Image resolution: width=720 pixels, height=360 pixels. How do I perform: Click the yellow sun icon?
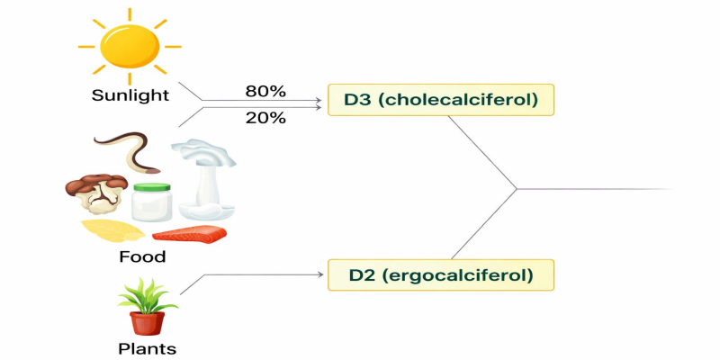pyautogui.click(x=130, y=47)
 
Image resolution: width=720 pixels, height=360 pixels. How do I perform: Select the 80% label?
pyautogui.click(x=265, y=91)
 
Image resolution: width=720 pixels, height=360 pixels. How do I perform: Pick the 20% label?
pyautogui.click(x=265, y=118)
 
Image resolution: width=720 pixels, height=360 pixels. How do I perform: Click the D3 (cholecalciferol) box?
pyautogui.click(x=441, y=100)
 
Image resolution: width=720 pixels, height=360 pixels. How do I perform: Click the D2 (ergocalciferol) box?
pyautogui.click(x=441, y=274)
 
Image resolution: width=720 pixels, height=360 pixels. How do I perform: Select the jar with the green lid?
pyautogui.click(x=151, y=202)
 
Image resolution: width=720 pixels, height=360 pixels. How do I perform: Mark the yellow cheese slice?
pyautogui.click(x=112, y=232)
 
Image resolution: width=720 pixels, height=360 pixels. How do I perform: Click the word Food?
pyautogui.click(x=142, y=257)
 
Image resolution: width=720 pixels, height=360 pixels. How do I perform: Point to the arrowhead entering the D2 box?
pyautogui.click(x=321, y=274)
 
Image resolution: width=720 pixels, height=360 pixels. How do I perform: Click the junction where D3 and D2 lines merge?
pyautogui.click(x=517, y=188)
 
